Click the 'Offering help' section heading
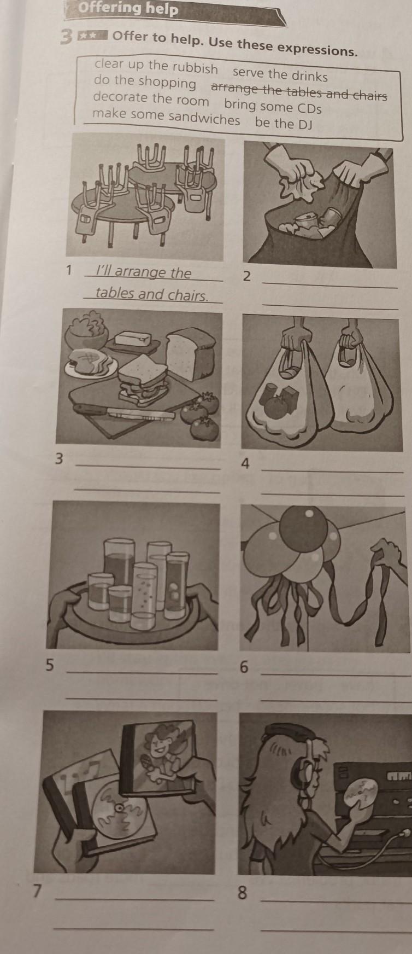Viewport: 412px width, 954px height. tap(128, 9)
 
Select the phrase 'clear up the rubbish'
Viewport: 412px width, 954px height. tap(156, 66)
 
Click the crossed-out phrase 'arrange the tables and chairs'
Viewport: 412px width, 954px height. tap(299, 91)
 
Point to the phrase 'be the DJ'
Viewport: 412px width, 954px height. tap(284, 123)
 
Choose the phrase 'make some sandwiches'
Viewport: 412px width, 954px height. tap(166, 117)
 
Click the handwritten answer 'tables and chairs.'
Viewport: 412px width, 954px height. tap(152, 294)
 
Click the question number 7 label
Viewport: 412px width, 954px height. tap(37, 891)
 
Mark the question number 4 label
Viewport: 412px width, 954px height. tap(246, 464)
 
